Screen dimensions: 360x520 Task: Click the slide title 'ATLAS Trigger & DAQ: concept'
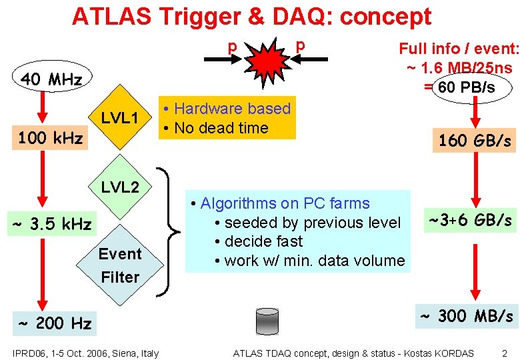[251, 16]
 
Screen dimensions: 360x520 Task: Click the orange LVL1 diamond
[119, 118]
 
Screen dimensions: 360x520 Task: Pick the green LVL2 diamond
[120, 187]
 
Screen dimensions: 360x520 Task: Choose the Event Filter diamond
[120, 265]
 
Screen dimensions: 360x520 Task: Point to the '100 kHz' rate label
[51, 139]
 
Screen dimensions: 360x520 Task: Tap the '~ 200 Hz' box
[55, 324]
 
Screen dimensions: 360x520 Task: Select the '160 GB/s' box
[475, 141]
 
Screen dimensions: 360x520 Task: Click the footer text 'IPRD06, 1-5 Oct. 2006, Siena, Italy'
[85, 353]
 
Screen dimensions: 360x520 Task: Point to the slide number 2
[504, 353]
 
